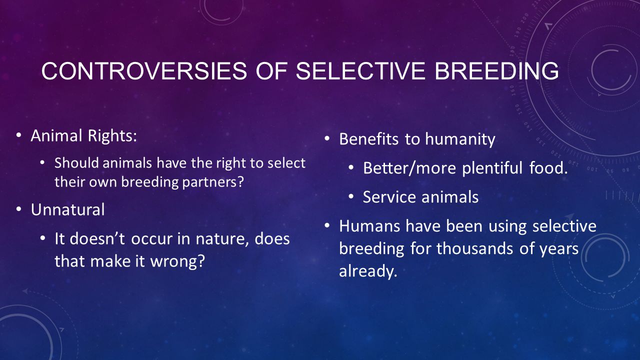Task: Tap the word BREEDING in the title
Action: click(x=496, y=71)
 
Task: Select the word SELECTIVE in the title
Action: click(x=360, y=71)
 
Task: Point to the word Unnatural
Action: click(x=67, y=209)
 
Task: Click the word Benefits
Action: click(x=368, y=139)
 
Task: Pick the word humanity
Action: click(x=460, y=139)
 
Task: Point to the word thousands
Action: click(x=475, y=248)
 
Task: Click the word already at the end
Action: click(x=368, y=271)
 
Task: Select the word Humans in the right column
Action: click(x=369, y=226)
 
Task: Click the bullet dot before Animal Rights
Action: click(x=19, y=135)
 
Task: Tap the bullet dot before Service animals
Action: click(x=351, y=197)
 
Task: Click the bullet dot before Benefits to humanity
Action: click(x=327, y=139)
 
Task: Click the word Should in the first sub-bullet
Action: click(x=77, y=163)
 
